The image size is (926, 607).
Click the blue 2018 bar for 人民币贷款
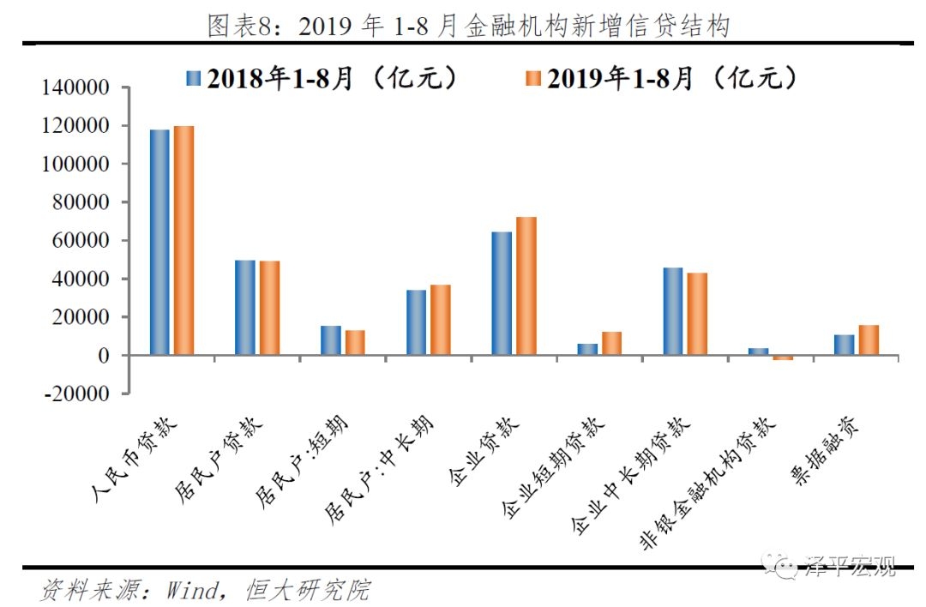point(159,242)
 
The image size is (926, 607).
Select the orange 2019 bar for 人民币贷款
point(183,240)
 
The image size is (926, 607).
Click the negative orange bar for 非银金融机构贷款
point(783,358)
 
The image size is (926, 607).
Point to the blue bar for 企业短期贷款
point(587,349)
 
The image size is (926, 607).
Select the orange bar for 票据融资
point(869,340)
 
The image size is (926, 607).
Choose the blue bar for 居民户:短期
point(331,340)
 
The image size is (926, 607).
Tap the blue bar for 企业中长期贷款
point(673,311)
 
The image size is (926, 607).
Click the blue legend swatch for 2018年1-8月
point(193,79)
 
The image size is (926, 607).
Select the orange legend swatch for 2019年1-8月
point(532,79)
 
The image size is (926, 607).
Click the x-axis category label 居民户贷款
point(224,460)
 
